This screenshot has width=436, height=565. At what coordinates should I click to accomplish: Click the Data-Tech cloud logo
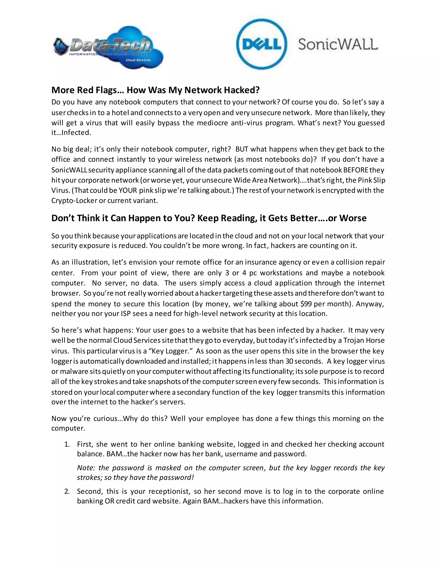click(108, 48)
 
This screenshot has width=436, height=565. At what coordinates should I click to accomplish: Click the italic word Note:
click(85, 468)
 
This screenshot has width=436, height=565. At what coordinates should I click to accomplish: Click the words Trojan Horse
click(364, 340)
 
